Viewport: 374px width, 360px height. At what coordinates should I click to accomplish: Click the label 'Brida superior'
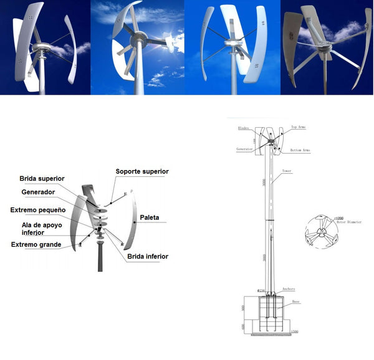click(42, 179)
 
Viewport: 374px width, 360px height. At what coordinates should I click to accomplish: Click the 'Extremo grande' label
click(36, 245)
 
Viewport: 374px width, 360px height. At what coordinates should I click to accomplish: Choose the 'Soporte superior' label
click(142, 171)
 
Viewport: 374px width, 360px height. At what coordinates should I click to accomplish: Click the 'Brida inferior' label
click(147, 256)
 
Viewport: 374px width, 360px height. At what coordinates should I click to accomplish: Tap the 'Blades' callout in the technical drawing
click(244, 128)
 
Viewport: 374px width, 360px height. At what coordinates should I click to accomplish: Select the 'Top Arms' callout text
click(298, 127)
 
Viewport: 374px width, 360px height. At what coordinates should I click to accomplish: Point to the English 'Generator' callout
click(244, 149)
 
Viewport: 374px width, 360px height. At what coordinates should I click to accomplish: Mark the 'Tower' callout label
click(287, 170)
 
